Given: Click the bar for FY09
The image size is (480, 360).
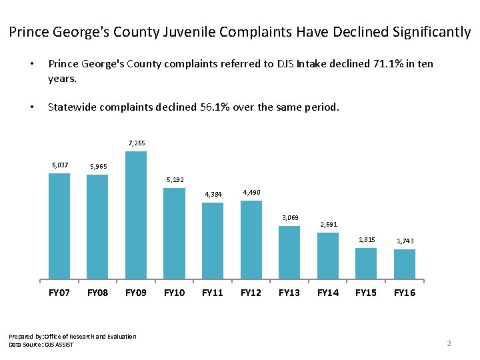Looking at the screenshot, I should click(136, 215).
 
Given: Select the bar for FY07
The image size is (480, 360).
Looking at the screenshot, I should click(59, 225).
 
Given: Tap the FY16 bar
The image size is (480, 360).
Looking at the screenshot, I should click(405, 263).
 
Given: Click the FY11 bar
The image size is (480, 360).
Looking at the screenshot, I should click(213, 240).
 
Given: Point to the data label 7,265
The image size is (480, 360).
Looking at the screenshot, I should click(136, 143).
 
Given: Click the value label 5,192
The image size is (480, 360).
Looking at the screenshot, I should click(175, 179).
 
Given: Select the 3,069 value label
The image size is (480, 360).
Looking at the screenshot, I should click(289, 218).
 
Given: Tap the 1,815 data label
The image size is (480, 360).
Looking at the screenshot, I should click(367, 239).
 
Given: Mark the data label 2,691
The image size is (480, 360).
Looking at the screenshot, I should click(328, 225).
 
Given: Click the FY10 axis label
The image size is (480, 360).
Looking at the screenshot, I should click(174, 293).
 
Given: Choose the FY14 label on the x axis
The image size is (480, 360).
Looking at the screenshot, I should click(328, 293).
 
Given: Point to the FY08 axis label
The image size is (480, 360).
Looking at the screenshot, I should click(97, 293).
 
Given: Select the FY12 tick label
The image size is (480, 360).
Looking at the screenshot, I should click(251, 293).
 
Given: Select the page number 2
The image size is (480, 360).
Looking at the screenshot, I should click(449, 343).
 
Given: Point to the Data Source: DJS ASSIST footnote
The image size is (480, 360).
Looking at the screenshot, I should click(41, 344).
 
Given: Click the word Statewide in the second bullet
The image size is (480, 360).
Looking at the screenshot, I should click(70, 107).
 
